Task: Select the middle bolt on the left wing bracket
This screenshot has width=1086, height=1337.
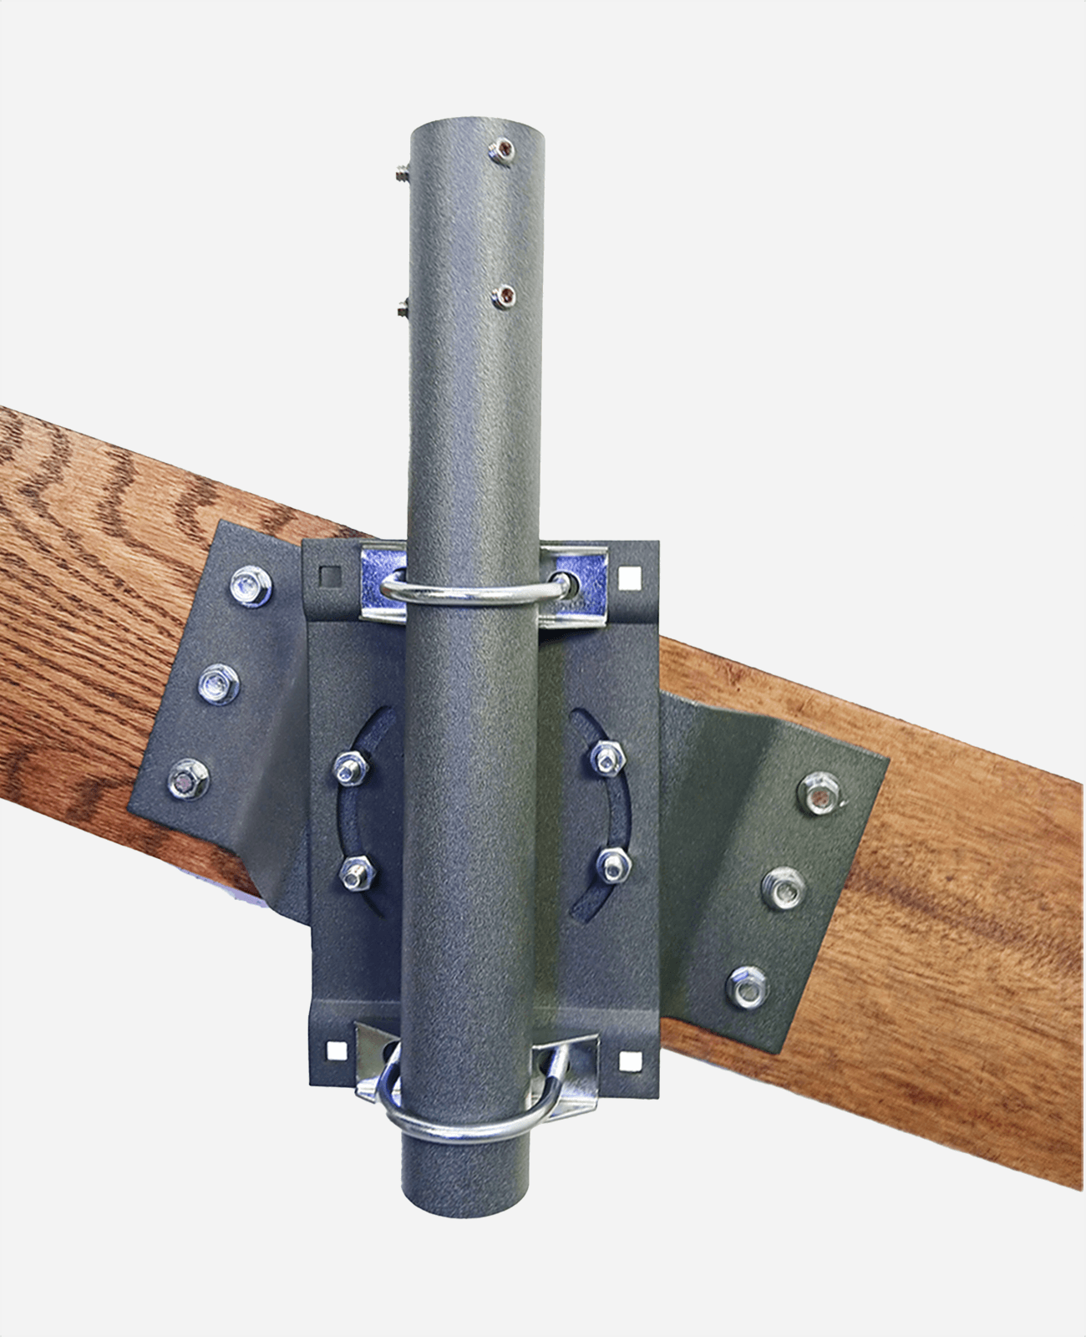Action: point(220,684)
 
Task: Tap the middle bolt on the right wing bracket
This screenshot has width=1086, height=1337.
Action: point(784,888)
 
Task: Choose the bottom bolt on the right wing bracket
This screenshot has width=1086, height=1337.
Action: point(747,987)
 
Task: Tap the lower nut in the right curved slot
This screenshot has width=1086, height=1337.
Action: point(614,865)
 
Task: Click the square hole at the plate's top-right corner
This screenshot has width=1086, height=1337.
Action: point(629,576)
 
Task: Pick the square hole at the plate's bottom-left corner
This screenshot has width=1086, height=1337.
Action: point(336,1050)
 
